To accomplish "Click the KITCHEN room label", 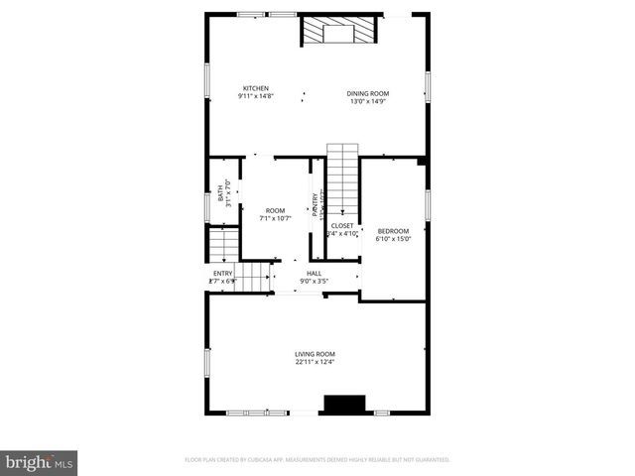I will tap(256, 88).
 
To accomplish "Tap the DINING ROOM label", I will tap(367, 94).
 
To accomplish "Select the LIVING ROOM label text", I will tap(315, 354).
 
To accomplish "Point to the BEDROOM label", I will tap(393, 231).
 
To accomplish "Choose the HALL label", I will tap(314, 273).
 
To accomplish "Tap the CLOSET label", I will tap(342, 225).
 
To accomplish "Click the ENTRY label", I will tap(223, 273).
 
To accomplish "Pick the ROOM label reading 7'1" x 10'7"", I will tap(275, 210).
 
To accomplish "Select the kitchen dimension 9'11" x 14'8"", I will tap(256, 96).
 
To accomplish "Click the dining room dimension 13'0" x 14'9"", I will tap(367, 101).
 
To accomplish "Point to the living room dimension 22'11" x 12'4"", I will tap(315, 362).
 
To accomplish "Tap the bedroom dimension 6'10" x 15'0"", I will tap(393, 238).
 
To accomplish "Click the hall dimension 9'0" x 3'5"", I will tap(314, 281).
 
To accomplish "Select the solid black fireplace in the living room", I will tap(345, 405).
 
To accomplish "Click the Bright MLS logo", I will tap(40, 462).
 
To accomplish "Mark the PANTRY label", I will tap(316, 203).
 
